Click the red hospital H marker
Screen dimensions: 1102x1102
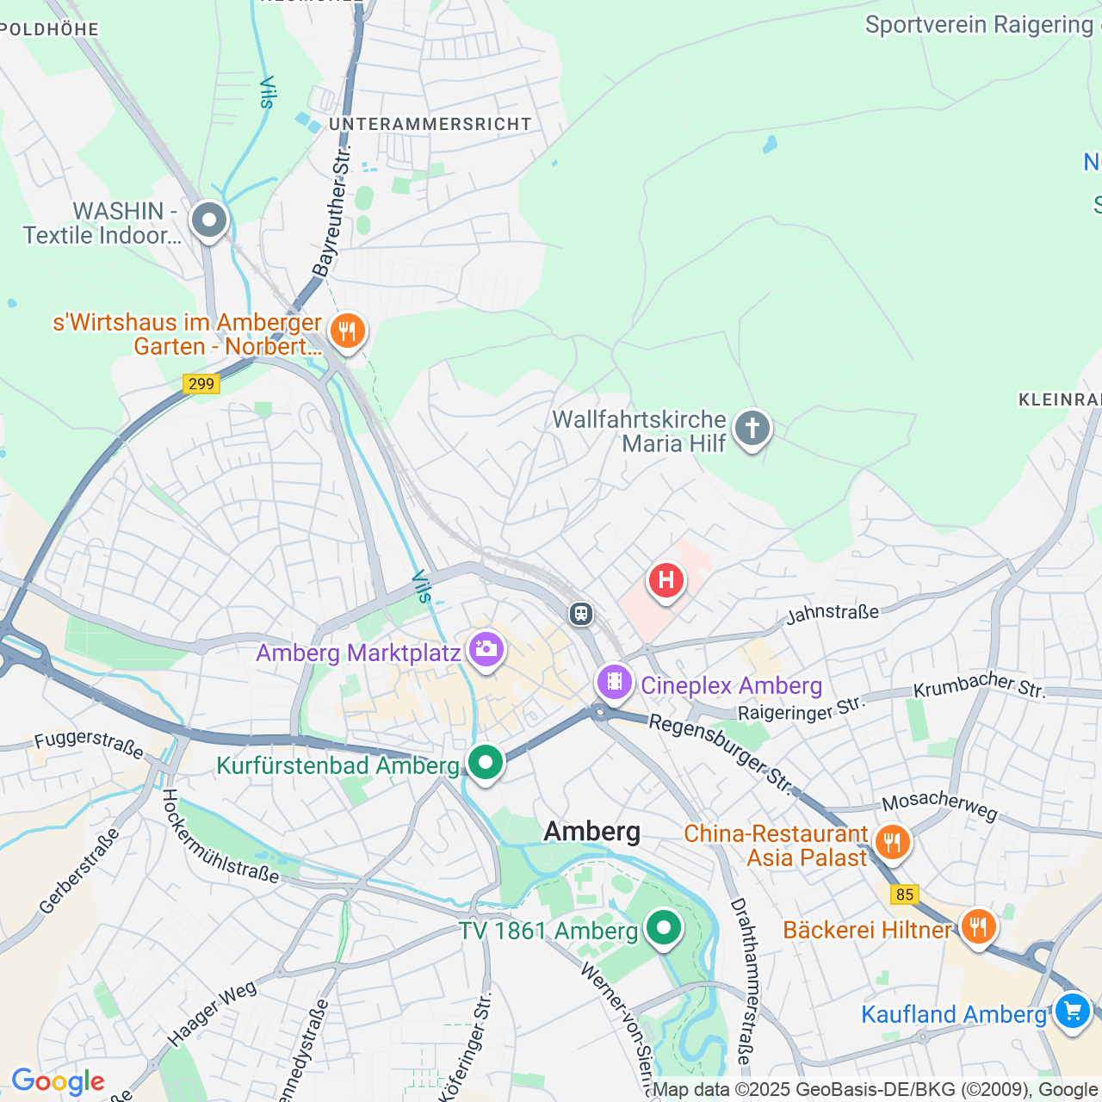tap(666, 580)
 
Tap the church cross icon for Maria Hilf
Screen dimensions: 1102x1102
tap(752, 428)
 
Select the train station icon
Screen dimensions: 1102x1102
tap(581, 613)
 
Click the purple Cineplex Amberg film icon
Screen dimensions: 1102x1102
tap(614, 682)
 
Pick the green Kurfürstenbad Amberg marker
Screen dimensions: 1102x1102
tap(486, 762)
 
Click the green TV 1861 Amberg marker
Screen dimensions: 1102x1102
tap(663, 928)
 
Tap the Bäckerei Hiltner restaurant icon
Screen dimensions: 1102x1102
tap(978, 927)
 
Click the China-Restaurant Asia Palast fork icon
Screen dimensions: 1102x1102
tap(892, 842)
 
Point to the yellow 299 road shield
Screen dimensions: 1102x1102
tap(201, 384)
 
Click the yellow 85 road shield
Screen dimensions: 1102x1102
tap(904, 895)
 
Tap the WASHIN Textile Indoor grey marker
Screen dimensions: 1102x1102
tap(208, 220)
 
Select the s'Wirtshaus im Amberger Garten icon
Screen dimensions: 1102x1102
tap(347, 330)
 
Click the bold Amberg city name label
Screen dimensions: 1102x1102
tap(592, 831)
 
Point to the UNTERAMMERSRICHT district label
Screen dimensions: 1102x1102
tap(430, 124)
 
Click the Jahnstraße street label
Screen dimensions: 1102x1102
tap(833, 613)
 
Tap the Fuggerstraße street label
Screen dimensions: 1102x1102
tap(90, 745)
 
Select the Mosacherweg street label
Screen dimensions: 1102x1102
tap(939, 805)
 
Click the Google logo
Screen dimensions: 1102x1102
tap(58, 1081)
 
